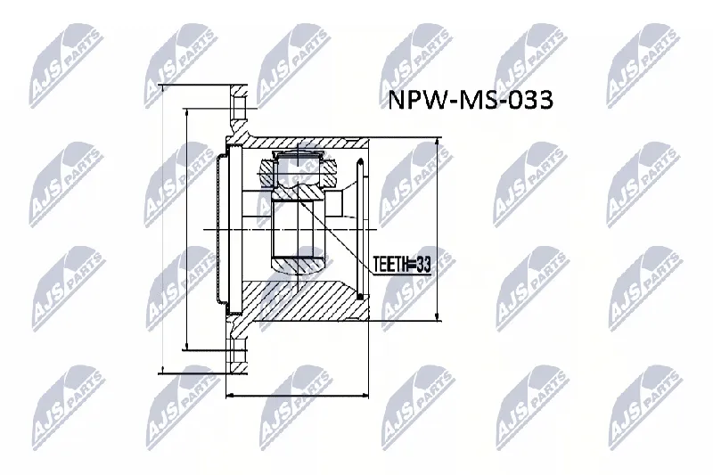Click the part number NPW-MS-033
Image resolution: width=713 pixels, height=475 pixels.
pos(471,100)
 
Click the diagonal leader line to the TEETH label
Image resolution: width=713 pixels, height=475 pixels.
pos(336,235)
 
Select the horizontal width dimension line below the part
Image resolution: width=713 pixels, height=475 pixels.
pos(297,395)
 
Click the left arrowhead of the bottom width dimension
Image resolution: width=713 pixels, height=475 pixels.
pos(230,395)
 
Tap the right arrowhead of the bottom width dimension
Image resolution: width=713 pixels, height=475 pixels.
pos(365,395)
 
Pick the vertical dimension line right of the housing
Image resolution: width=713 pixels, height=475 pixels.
pos(437,229)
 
